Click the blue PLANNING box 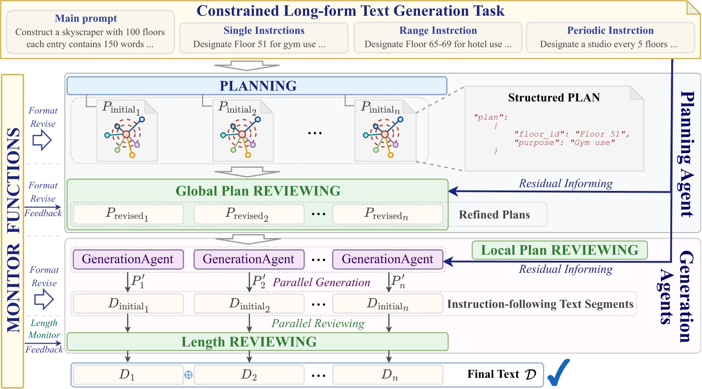[x=257, y=85]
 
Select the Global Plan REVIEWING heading [x=258, y=191]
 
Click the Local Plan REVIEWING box [x=559, y=250]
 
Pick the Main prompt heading [x=86, y=18]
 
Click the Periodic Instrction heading [x=610, y=30]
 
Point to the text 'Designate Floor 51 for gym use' [x=259, y=44]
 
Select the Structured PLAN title [x=554, y=97]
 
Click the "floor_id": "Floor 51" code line [x=571, y=134]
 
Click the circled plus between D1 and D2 [x=189, y=375]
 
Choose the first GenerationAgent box [x=127, y=259]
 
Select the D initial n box [x=387, y=304]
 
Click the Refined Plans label [x=494, y=215]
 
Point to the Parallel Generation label [x=321, y=282]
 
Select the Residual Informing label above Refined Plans [x=566, y=183]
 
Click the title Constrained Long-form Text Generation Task [x=350, y=11]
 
